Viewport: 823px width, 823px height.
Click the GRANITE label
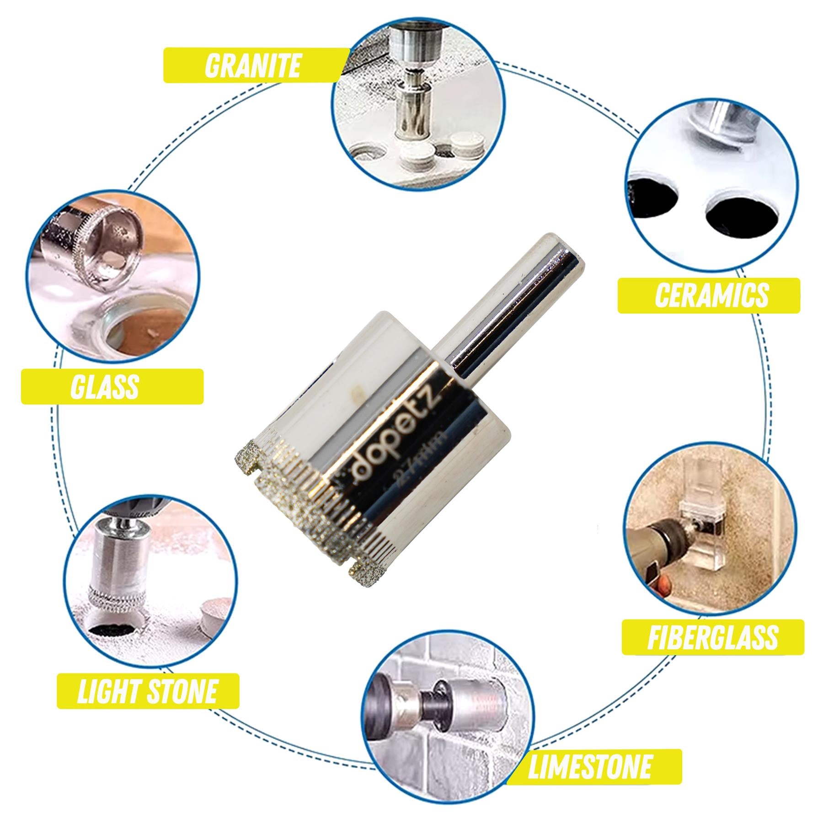252,65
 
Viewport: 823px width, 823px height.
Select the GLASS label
105,387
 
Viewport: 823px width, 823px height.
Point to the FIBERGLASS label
712,637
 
